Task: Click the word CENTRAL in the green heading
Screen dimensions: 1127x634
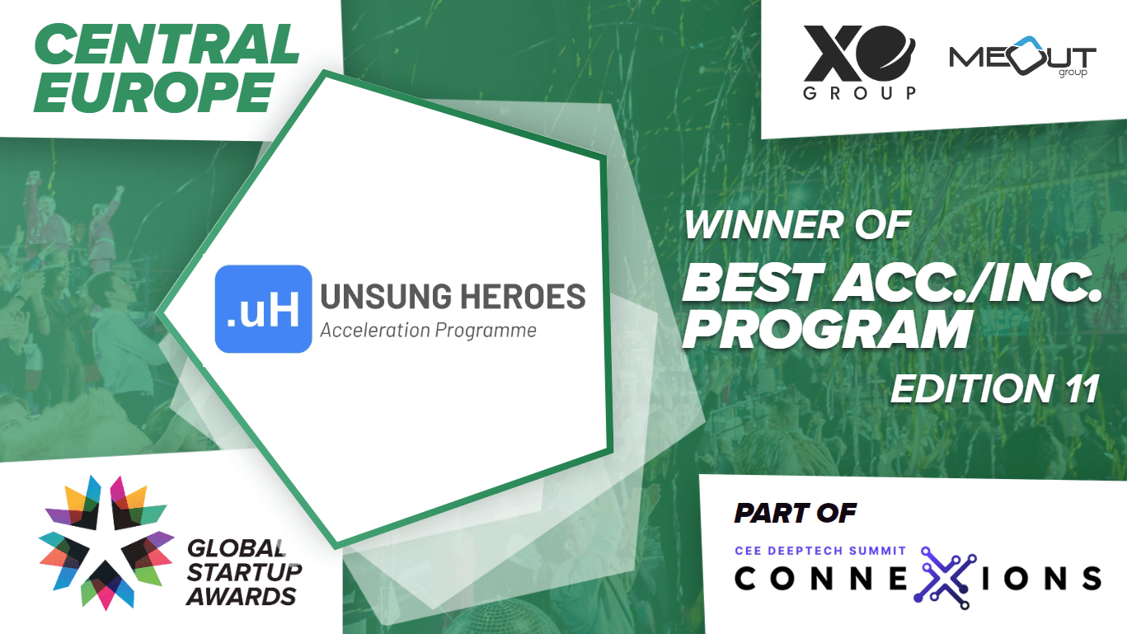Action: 167,45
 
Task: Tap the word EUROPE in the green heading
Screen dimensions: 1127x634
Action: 154,92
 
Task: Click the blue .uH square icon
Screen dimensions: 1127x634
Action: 263,309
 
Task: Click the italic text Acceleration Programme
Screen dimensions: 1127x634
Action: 428,331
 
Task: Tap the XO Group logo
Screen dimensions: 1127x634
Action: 859,62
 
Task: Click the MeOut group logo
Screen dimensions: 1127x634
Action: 1022,56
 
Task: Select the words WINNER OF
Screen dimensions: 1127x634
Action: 797,225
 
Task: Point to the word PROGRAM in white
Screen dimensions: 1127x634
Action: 827,329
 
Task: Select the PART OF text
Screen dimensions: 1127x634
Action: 795,514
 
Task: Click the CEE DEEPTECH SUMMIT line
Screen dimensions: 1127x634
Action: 820,551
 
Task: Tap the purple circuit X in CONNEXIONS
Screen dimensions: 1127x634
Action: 945,578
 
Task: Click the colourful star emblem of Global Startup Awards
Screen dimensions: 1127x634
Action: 106,543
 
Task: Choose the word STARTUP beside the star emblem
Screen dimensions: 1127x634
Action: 245,572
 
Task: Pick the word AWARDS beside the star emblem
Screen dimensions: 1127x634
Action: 242,597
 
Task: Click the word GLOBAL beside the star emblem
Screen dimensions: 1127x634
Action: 237,548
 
